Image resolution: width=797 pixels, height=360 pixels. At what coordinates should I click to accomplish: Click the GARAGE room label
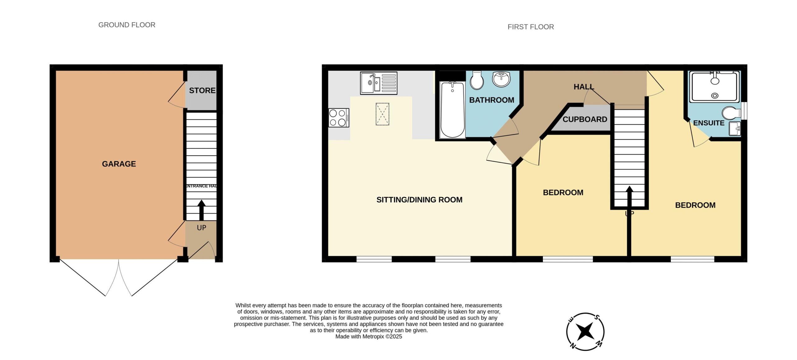119,164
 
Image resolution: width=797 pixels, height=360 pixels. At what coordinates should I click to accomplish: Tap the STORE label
202,90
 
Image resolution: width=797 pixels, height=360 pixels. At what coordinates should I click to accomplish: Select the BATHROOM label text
492,100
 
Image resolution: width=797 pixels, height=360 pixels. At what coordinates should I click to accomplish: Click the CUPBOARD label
585,119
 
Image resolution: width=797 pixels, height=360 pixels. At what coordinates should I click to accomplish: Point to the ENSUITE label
709,123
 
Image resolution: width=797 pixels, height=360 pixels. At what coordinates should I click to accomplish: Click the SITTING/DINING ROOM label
419,200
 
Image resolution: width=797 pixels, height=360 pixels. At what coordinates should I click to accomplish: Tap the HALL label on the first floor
584,87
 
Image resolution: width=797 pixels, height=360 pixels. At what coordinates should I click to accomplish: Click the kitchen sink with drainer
379,83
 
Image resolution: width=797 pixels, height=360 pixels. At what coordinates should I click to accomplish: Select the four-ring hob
339,118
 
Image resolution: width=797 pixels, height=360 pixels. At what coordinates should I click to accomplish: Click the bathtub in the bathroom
452,110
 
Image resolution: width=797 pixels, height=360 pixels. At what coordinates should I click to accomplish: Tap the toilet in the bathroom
477,80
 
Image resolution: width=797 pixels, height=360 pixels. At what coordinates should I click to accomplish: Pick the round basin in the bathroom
501,79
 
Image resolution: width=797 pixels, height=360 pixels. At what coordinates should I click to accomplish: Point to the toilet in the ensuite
731,113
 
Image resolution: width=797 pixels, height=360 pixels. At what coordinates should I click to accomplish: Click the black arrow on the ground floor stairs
201,210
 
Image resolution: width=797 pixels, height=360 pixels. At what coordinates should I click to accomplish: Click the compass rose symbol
585,332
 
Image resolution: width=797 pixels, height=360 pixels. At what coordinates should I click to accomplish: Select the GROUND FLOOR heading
127,25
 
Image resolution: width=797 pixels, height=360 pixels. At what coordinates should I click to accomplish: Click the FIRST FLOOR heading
531,27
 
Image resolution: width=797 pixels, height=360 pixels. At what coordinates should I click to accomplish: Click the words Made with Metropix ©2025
369,337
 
